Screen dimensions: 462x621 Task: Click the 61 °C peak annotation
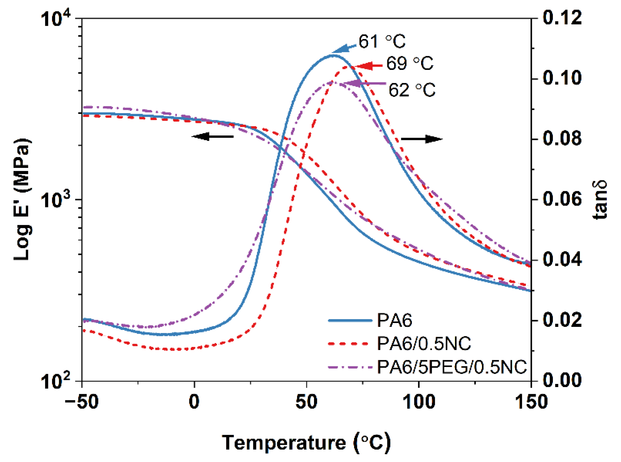(x=382, y=42)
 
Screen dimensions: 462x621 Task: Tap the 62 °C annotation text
(x=412, y=90)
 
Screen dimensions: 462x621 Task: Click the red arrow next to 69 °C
(x=369, y=66)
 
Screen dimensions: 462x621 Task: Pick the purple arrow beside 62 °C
(x=364, y=83)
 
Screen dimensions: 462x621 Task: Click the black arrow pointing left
(x=213, y=137)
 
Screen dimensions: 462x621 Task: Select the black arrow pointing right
(x=421, y=139)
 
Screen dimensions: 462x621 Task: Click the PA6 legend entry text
(x=394, y=321)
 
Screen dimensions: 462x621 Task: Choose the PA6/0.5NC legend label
(x=424, y=344)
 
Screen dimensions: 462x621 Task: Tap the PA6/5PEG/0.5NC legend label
(x=452, y=367)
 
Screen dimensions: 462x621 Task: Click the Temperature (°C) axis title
(x=306, y=442)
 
